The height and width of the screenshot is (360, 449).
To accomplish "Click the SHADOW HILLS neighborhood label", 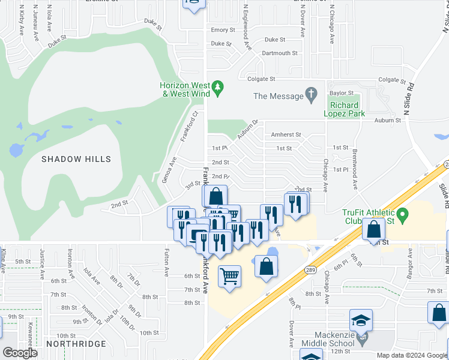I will [x=76, y=159].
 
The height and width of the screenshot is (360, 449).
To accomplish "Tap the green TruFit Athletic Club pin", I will [x=403, y=213].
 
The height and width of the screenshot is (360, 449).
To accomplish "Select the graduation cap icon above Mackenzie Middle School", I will [x=361, y=320].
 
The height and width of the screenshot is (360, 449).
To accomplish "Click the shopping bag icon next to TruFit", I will [x=374, y=229].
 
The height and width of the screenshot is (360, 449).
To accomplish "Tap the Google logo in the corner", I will [x=20, y=353].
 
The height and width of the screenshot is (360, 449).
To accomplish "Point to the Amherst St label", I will [x=286, y=135].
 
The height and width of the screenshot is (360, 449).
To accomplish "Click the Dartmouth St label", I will [x=280, y=53].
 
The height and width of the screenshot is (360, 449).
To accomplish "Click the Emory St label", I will [x=223, y=30].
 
